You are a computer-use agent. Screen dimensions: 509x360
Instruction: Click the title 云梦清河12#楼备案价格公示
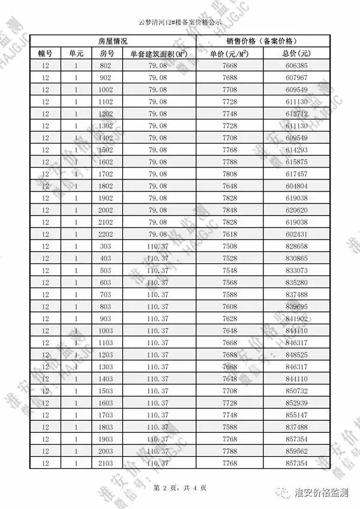pyautogui.click(x=180, y=22)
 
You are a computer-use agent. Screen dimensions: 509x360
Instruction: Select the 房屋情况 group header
pyautogui.click(x=112, y=41)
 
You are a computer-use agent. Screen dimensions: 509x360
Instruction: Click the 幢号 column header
pyautogui.click(x=46, y=53)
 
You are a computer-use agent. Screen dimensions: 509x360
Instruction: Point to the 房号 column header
pyautogui.click(x=106, y=53)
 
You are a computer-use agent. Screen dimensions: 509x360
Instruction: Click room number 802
pyautogui.click(x=106, y=65)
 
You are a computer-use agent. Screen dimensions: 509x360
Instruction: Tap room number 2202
pyautogui.click(x=106, y=233)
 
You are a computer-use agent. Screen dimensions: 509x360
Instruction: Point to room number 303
pyautogui.click(x=106, y=246)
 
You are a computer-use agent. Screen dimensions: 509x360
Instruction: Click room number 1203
pyautogui.click(x=106, y=354)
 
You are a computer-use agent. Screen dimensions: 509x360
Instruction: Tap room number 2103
pyautogui.click(x=106, y=462)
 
